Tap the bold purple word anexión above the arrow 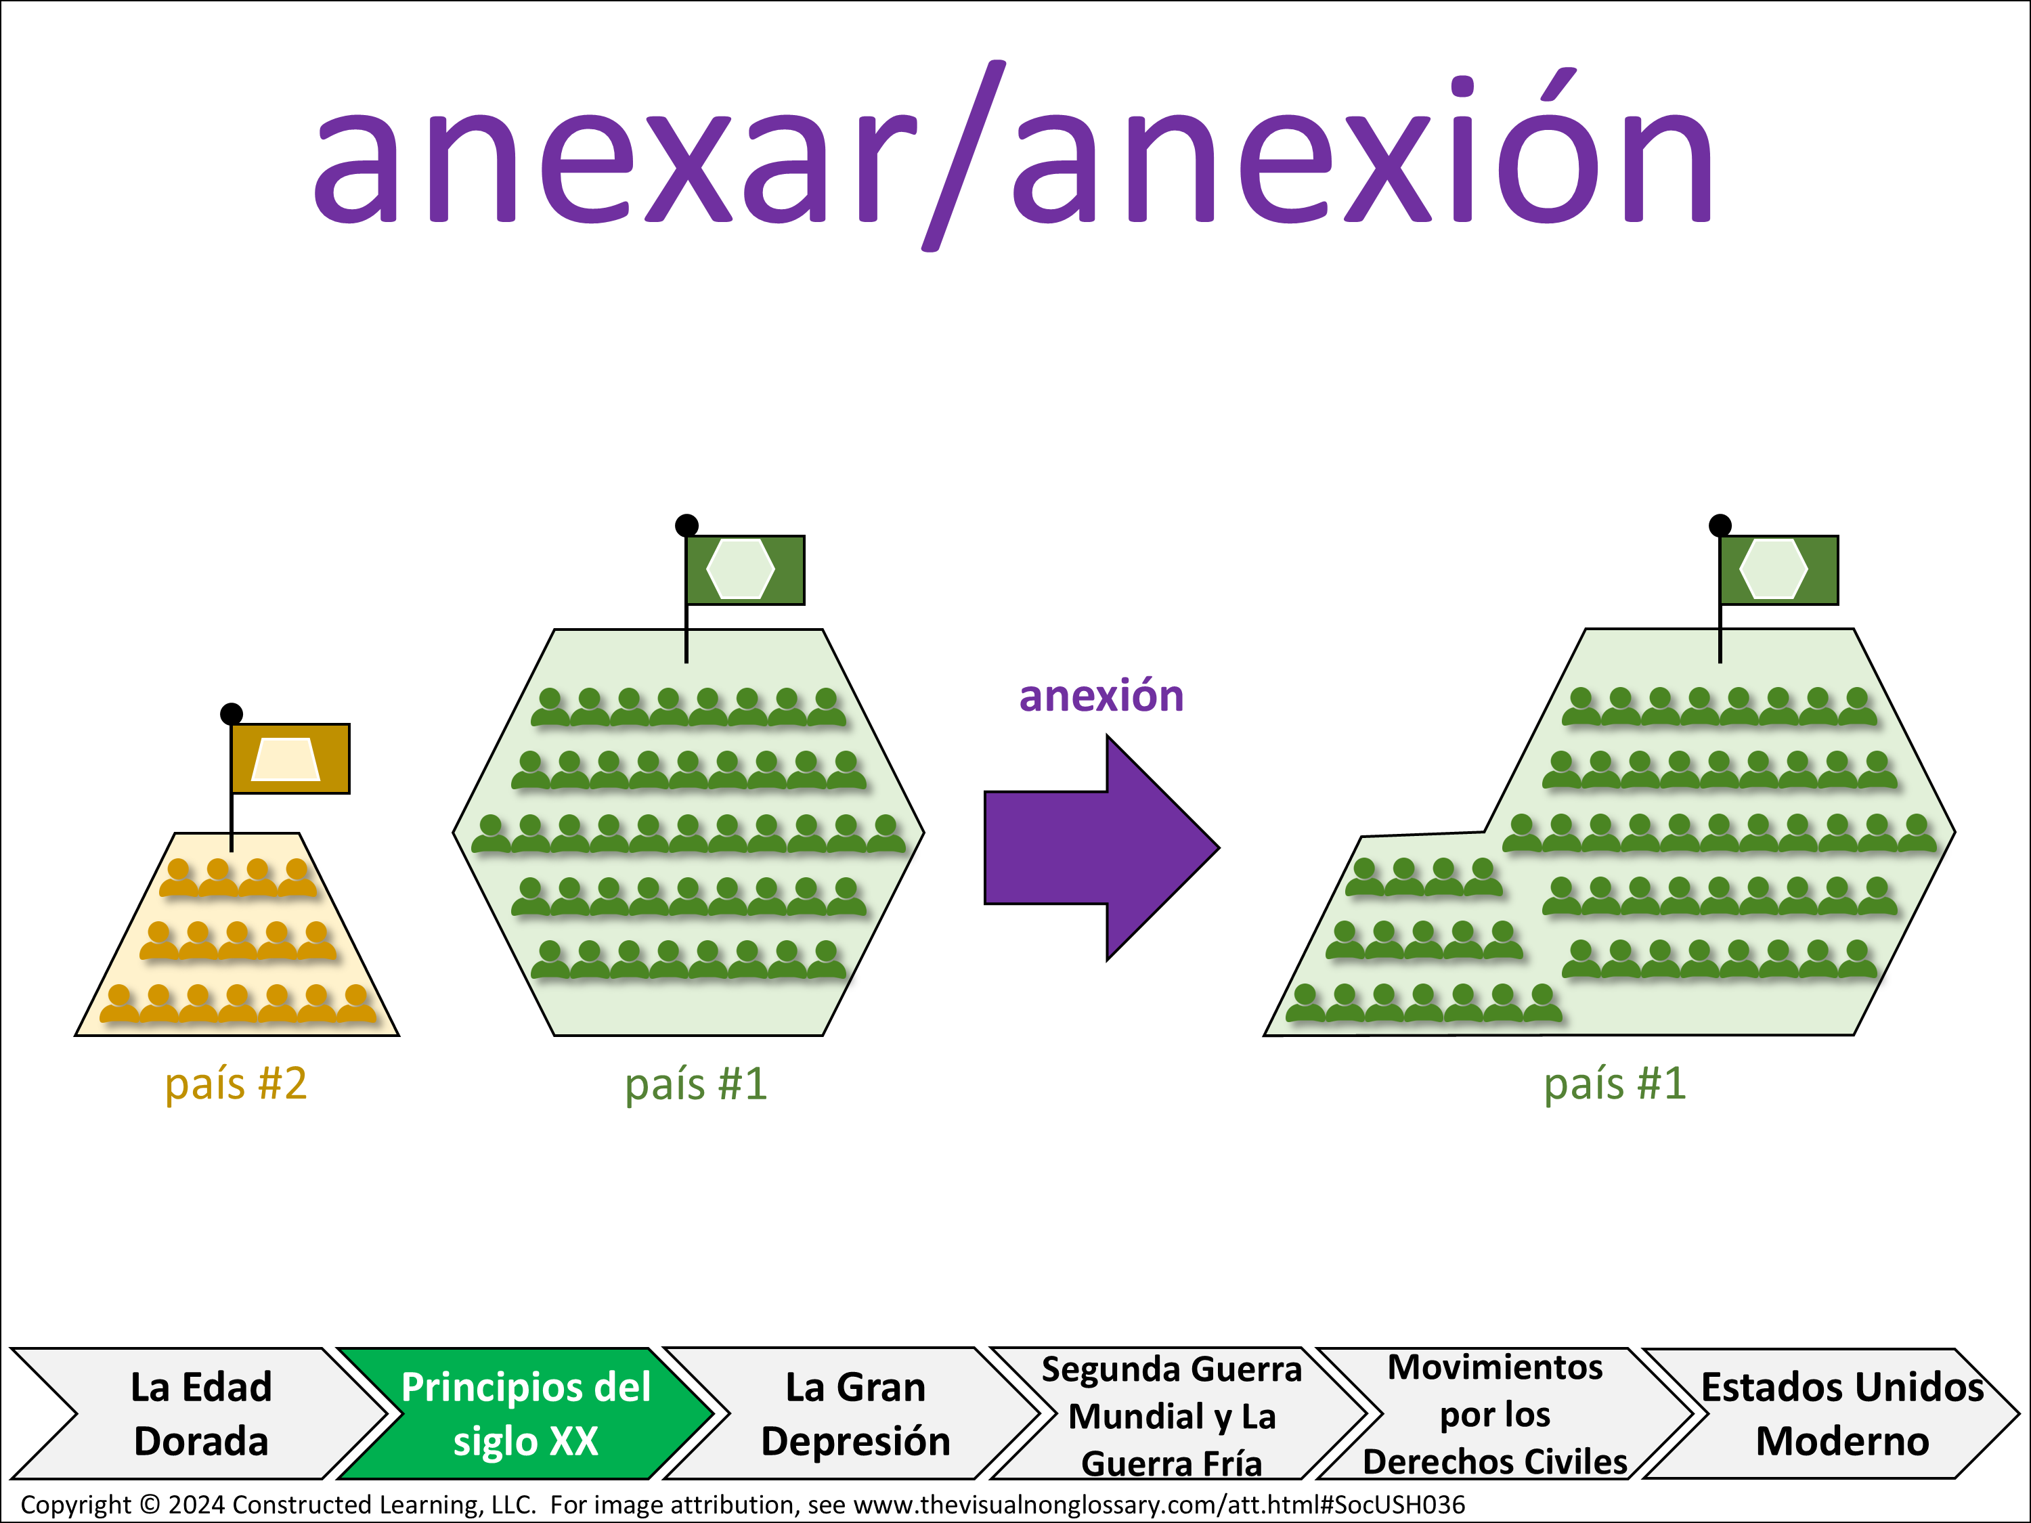[1101, 695]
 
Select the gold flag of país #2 [290, 758]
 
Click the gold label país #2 [236, 1083]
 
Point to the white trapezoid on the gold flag [286, 759]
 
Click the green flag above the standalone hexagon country [745, 570]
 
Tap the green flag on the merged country [1778, 570]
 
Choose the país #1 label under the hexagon [696, 1083]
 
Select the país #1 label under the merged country [1615, 1083]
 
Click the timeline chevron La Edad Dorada [201, 1414]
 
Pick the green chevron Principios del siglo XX [526, 1414]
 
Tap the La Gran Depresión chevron [856, 1414]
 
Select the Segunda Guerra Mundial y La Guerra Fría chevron [1173, 1414]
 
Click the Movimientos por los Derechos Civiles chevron [1495, 1414]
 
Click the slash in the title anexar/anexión [964, 156]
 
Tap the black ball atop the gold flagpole [232, 713]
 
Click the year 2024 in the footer [196, 1505]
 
